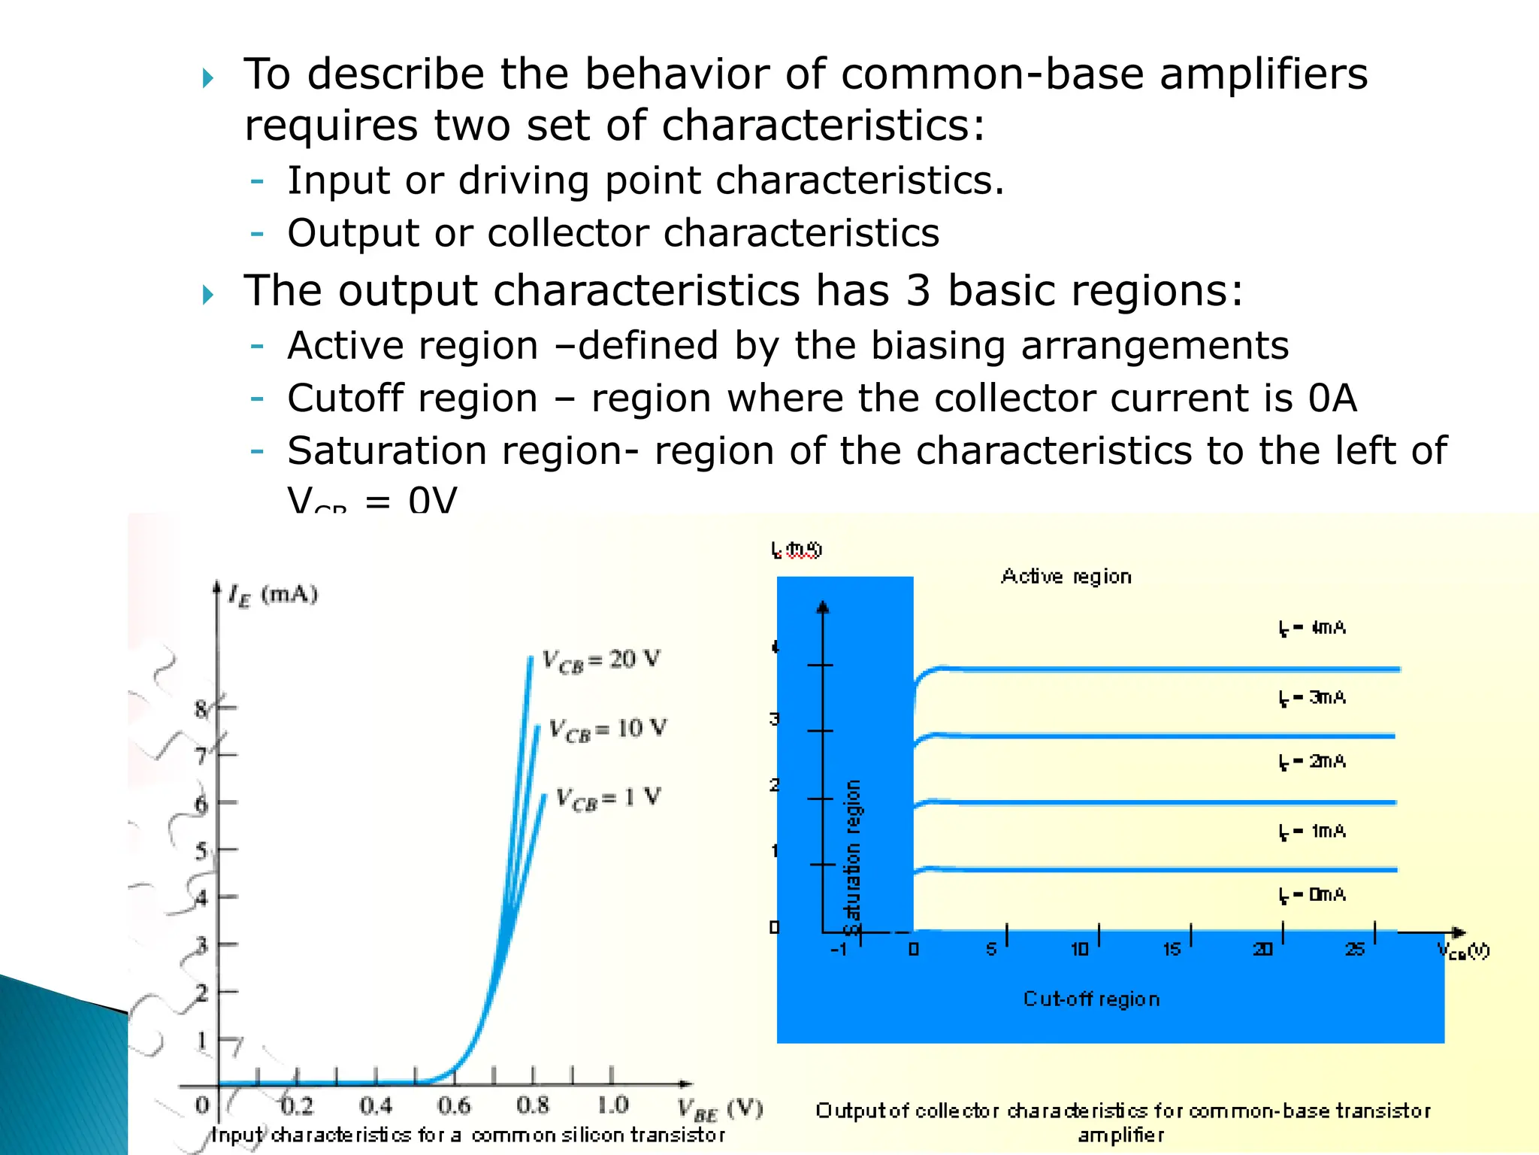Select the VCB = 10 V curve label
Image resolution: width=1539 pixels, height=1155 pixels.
coord(607,729)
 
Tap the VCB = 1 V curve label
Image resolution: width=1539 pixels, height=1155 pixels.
coord(608,798)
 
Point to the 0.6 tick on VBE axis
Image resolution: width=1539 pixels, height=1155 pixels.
coord(454,1105)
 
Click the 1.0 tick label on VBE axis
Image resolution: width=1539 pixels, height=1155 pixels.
coord(612,1105)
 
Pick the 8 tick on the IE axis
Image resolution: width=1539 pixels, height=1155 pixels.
coord(201,708)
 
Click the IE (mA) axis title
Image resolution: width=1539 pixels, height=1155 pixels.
coord(273,596)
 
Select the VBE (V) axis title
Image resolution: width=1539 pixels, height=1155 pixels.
coord(720,1108)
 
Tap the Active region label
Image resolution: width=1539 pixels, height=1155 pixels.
coord(1066,577)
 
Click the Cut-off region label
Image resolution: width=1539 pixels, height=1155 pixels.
coord(1091,999)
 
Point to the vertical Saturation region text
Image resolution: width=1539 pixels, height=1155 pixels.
coord(852,857)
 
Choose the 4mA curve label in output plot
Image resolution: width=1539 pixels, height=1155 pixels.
coord(1312,628)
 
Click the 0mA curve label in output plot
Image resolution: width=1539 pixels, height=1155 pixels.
coord(1312,895)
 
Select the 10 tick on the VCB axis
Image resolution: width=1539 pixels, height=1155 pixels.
coord(1080,950)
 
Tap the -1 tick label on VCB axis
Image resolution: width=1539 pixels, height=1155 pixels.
coord(839,950)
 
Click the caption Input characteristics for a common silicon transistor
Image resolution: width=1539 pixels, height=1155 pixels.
coord(468,1135)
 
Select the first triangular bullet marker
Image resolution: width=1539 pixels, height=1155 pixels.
coord(208,78)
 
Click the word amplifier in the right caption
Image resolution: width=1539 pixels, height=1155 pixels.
coord(1120,1135)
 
